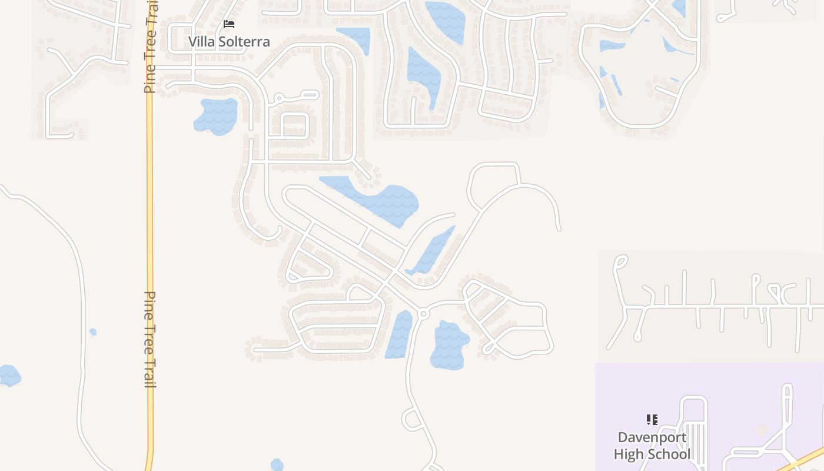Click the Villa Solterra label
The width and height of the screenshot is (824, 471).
[229, 42]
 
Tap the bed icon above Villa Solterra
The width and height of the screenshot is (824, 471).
[229, 24]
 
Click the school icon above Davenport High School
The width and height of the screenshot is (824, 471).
[652, 420]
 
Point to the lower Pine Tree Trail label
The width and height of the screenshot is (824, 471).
[151, 339]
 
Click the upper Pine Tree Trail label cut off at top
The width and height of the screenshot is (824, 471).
[151, 47]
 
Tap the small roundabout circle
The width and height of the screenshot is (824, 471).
[423, 314]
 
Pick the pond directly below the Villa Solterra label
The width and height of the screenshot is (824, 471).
[216, 116]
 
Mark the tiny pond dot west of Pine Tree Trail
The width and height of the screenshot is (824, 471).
[93, 333]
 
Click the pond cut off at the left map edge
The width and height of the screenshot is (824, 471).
[8, 376]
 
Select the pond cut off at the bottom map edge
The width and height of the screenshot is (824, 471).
[277, 465]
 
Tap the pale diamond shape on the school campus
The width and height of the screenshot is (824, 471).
[762, 430]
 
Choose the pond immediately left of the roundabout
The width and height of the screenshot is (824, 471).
[400, 334]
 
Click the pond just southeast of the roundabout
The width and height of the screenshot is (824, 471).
[449, 346]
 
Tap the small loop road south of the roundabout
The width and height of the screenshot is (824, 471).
[412, 419]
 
